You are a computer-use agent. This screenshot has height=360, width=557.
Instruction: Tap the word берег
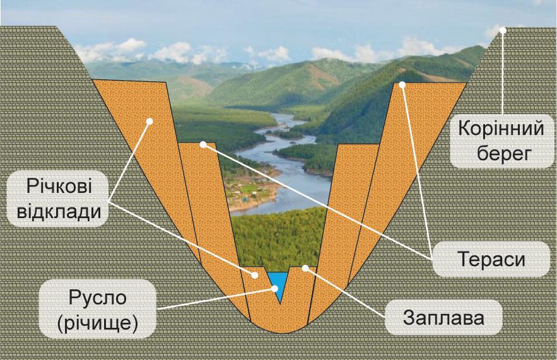[501, 153]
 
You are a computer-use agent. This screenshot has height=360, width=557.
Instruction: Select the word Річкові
[59, 187]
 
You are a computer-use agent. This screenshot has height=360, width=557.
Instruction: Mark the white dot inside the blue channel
[275, 288]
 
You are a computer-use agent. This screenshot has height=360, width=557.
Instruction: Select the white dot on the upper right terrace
[402, 84]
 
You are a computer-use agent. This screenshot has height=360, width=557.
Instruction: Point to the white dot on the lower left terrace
[202, 144]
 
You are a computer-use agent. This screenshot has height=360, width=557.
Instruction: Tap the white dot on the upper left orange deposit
[150, 122]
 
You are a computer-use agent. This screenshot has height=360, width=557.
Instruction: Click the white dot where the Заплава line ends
[305, 269]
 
